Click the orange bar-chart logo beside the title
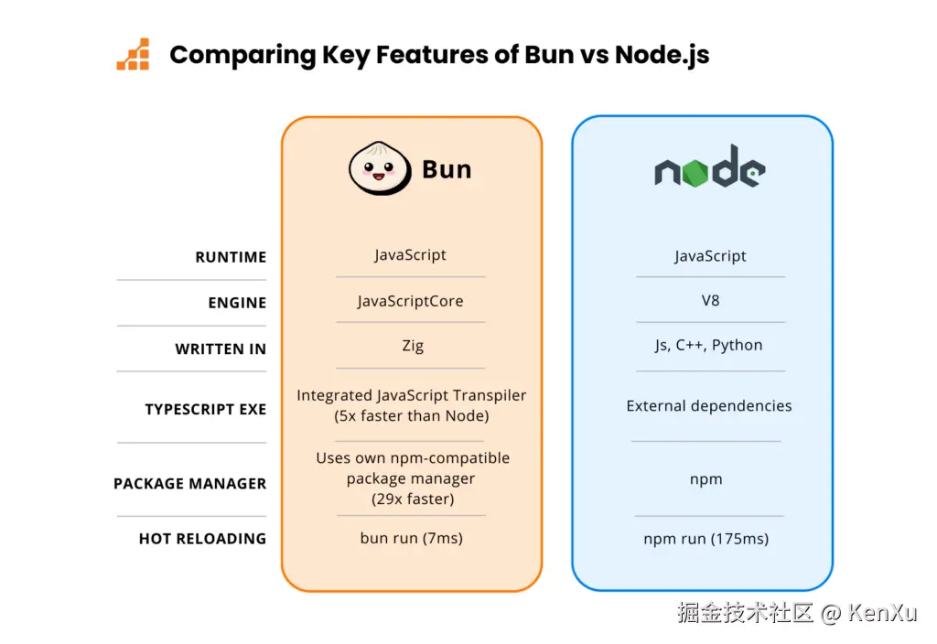click(x=133, y=55)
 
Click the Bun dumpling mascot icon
click(x=379, y=168)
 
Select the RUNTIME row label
click(x=231, y=258)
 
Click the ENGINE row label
click(x=237, y=303)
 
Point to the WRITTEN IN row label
click(x=221, y=349)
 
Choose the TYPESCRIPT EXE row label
click(x=205, y=410)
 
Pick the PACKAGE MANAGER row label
click(x=189, y=484)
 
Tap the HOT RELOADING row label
click(x=202, y=539)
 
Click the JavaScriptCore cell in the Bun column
click(x=411, y=301)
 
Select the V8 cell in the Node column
click(x=710, y=300)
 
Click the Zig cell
click(x=412, y=346)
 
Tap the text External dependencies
click(x=709, y=406)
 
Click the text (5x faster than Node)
click(x=412, y=416)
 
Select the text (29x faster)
click(x=413, y=499)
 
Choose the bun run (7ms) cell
click(x=412, y=538)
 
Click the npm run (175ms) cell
click(x=705, y=539)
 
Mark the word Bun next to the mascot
click(x=447, y=169)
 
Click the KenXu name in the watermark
click(x=882, y=613)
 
